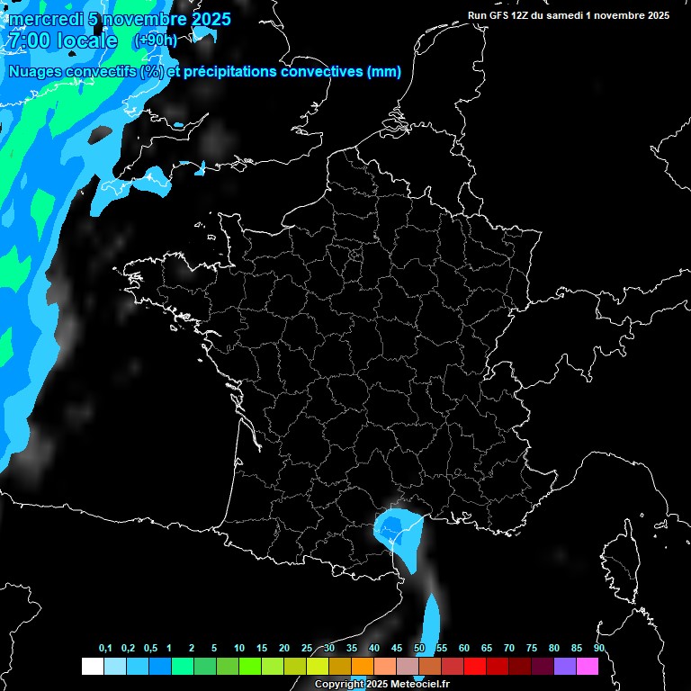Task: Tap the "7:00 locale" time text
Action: (x=62, y=41)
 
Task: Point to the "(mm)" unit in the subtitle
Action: (x=384, y=72)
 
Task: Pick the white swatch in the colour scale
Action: (x=92, y=667)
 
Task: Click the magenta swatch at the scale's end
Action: (x=587, y=667)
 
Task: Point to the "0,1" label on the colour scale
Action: (x=105, y=649)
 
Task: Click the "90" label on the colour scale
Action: (x=598, y=649)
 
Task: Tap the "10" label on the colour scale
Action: (x=239, y=649)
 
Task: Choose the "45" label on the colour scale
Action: (x=397, y=649)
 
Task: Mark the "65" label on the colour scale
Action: (x=487, y=649)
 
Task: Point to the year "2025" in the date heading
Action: (x=209, y=20)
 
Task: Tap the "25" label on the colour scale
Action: (x=307, y=649)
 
